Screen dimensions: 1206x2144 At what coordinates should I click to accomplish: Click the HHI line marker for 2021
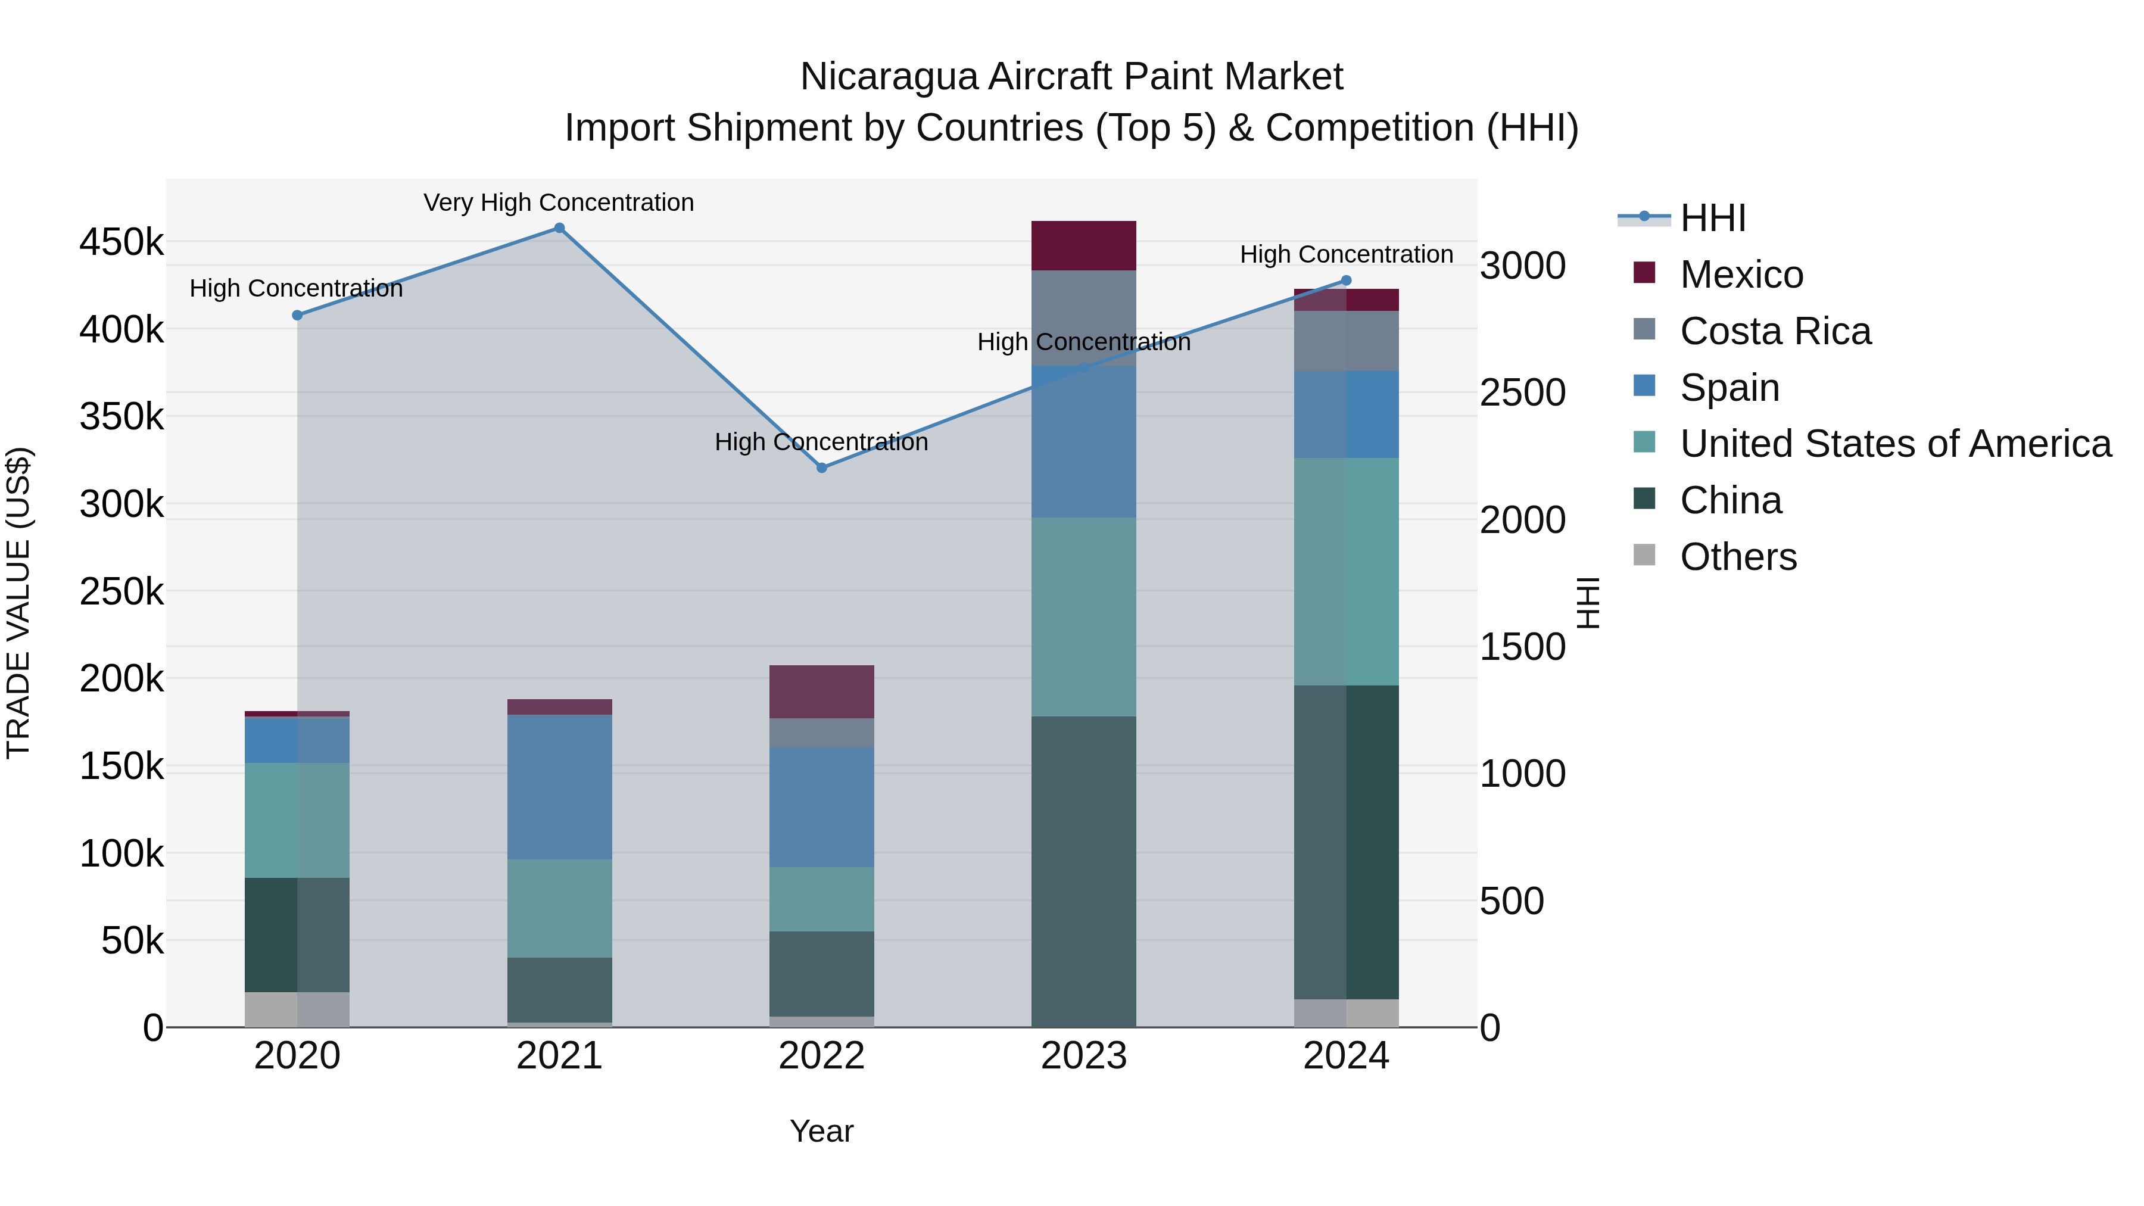pos(559,228)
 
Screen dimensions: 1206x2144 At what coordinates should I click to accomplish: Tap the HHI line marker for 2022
pos(821,468)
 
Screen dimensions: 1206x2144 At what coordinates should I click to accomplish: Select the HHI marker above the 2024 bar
pos(1346,281)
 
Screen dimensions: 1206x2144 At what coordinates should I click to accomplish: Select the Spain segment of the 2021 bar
pos(559,787)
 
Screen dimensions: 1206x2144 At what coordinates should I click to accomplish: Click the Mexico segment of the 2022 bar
pos(821,691)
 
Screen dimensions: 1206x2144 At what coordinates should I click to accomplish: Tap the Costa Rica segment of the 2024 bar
pos(1346,341)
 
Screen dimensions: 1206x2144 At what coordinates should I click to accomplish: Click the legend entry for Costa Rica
pos(1775,331)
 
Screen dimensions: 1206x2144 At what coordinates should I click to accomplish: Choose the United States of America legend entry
pos(1894,444)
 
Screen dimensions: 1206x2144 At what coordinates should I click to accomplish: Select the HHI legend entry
pos(1712,218)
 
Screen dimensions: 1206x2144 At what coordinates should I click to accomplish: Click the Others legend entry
pos(1738,557)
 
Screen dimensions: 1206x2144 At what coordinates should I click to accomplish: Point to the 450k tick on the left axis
pos(121,242)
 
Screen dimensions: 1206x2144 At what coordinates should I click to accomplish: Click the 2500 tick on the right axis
pos(1522,393)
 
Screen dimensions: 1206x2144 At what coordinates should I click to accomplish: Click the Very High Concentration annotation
pos(559,202)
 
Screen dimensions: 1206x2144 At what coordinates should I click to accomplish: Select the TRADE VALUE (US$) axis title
pos(18,603)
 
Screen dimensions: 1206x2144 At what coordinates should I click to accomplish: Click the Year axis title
pos(821,1131)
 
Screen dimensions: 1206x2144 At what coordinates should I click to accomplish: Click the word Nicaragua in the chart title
pos(888,77)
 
